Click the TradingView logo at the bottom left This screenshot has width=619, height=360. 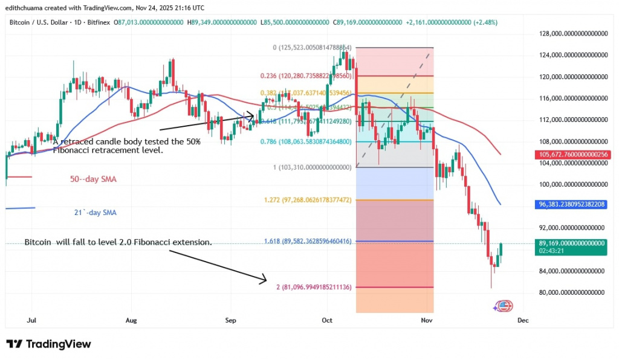(x=48, y=344)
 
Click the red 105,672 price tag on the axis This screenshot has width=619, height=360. (x=572, y=154)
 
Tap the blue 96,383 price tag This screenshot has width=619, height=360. (x=572, y=205)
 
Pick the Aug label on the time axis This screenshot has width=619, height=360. (x=131, y=320)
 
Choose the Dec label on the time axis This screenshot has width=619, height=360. (x=523, y=320)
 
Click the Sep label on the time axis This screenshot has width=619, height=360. (x=229, y=320)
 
